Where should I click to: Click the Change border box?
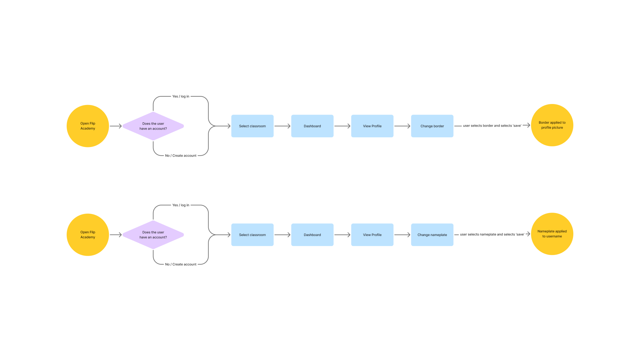click(x=432, y=126)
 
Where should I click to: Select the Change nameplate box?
click(x=432, y=235)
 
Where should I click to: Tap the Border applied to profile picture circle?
click(x=552, y=125)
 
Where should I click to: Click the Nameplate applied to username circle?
click(x=552, y=234)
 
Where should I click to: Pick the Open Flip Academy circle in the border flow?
click(x=88, y=126)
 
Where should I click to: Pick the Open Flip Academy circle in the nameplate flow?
click(x=88, y=235)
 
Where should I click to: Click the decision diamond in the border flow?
click(x=153, y=126)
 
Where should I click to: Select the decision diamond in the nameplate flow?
click(x=153, y=235)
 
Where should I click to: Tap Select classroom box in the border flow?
click(x=252, y=126)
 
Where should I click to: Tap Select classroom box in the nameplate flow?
click(x=252, y=235)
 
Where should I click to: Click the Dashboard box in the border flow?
click(x=312, y=126)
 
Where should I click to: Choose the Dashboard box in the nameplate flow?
click(x=312, y=235)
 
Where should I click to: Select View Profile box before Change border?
click(x=372, y=126)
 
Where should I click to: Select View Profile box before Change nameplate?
click(x=372, y=235)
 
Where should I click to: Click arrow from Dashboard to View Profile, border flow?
click(x=342, y=126)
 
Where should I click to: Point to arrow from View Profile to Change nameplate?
click(x=402, y=235)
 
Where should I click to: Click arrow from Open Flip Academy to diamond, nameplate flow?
click(x=116, y=235)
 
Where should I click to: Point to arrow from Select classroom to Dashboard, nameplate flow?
click(x=282, y=235)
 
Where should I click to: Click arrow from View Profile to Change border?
click(x=402, y=126)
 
